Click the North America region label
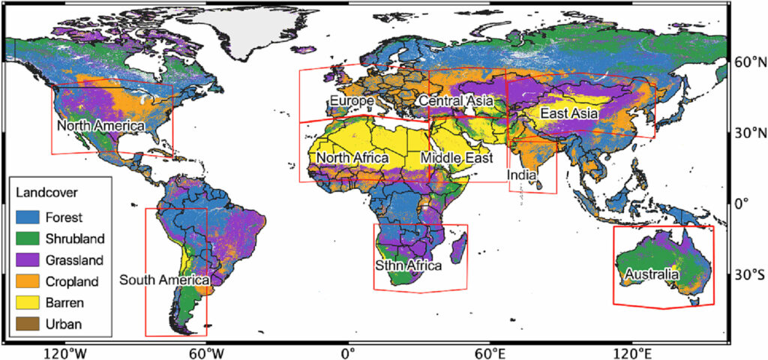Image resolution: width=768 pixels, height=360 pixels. point(100,126)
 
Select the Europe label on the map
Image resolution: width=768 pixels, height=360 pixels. point(351,100)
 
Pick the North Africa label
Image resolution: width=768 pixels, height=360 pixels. point(352,158)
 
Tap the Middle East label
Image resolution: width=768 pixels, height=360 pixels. point(457,158)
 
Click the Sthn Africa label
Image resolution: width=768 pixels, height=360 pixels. point(408,265)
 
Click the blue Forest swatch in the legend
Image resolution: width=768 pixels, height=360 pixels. point(28,217)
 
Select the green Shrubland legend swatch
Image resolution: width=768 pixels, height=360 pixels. point(28,238)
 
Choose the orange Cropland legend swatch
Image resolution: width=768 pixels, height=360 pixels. point(28,281)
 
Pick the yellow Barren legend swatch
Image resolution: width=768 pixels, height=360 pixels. point(28,303)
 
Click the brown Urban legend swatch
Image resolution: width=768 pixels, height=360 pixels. point(28,324)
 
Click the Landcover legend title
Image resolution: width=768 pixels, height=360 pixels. point(46,193)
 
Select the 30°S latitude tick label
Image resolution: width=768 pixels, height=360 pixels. point(748,274)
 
